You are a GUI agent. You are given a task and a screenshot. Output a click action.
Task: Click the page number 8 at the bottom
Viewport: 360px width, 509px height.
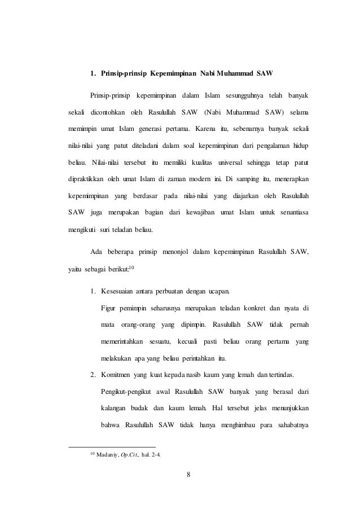coord(188,473)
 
